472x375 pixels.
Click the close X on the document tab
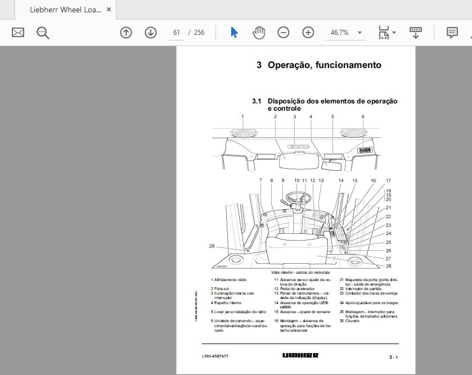click(x=109, y=10)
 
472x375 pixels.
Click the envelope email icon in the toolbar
click(x=18, y=33)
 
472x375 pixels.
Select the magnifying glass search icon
click(x=43, y=33)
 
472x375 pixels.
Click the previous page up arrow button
click(x=126, y=33)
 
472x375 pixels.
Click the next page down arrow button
click(x=150, y=33)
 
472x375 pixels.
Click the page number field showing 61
click(x=176, y=33)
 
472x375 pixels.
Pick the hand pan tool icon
click(x=259, y=33)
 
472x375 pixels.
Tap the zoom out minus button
click(x=284, y=33)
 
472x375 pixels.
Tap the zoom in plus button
click(x=308, y=33)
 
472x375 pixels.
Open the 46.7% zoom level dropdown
click(x=359, y=33)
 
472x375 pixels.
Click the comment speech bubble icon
click(x=452, y=33)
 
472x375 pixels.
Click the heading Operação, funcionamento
click(x=324, y=65)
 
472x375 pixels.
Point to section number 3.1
click(x=257, y=101)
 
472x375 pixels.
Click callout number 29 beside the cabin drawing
click(x=212, y=246)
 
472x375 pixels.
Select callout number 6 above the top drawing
click(x=363, y=117)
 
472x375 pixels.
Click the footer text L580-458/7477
click(x=215, y=356)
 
